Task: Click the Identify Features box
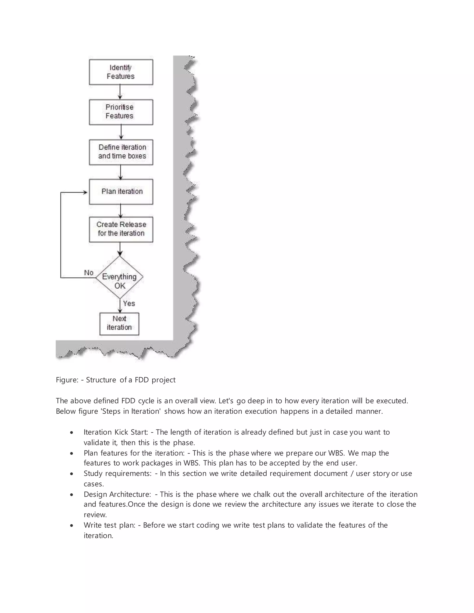(x=121, y=72)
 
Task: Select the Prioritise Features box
(x=121, y=112)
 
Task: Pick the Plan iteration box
(x=121, y=192)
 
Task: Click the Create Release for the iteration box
(x=121, y=229)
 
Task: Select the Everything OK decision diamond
(x=120, y=277)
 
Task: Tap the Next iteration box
(x=119, y=324)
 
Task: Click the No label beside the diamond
(x=89, y=272)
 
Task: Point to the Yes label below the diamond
(x=129, y=303)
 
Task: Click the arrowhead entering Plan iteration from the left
(x=85, y=192)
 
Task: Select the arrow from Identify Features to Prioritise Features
(x=120, y=92)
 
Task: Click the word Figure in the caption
(x=67, y=380)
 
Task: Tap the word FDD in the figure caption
(x=142, y=380)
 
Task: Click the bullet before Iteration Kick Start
(x=72, y=433)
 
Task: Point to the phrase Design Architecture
(x=117, y=494)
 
